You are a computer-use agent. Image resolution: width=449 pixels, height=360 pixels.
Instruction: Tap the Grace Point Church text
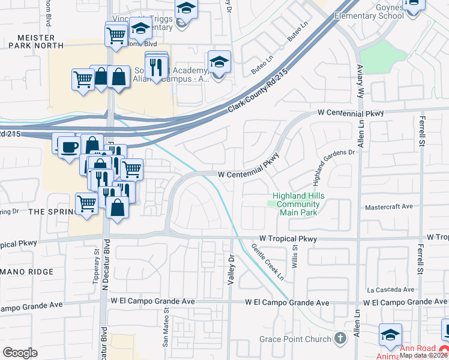[295, 339]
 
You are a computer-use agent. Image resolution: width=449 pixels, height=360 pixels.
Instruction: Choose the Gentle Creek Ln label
[267, 262]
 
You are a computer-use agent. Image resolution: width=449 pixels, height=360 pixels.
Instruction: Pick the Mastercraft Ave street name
[389, 207]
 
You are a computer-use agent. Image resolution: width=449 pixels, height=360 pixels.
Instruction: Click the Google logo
[20, 352]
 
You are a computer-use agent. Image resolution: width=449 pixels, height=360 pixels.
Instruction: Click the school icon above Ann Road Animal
[390, 335]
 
